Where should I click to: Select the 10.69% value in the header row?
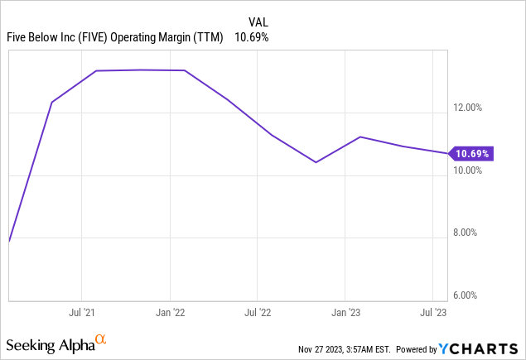252,37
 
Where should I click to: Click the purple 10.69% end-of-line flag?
471,153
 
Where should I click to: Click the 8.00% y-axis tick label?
475,233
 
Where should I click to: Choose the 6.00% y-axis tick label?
475,295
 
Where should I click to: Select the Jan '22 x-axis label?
170,313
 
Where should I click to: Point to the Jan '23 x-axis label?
346,313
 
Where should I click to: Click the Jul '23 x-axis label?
434,313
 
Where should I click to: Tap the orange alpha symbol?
100,339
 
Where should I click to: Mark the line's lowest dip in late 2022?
316,162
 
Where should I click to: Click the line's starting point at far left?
8,241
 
